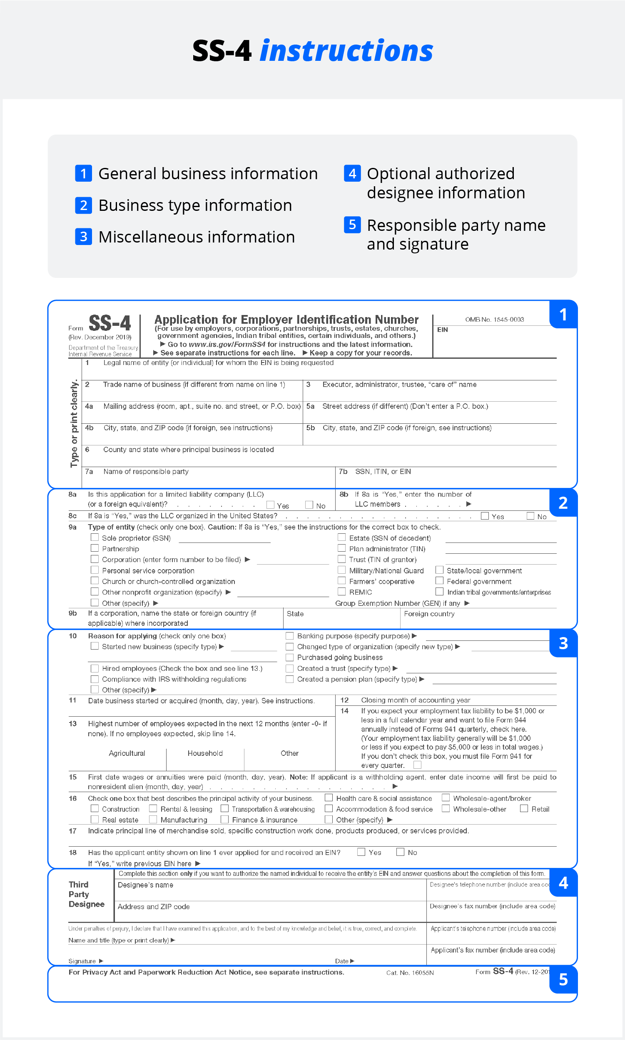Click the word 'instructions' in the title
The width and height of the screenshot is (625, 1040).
346,51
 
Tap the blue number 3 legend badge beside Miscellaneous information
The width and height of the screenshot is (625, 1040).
83,236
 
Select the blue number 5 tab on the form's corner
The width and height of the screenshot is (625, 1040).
563,980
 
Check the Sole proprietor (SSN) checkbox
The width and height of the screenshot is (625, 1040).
95,537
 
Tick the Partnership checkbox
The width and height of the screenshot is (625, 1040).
95,548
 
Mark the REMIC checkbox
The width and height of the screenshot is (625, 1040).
341,592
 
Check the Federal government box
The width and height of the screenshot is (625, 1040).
439,581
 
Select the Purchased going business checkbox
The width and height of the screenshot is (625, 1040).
290,657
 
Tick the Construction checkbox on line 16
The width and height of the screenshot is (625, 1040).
95,808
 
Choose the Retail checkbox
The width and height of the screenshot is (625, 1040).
524,808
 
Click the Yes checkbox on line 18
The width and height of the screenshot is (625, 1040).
361,852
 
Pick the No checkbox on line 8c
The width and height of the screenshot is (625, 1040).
530,516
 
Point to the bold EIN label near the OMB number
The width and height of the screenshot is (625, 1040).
442,330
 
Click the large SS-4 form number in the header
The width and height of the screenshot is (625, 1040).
110,324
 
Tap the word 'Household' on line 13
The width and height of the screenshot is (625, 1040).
205,753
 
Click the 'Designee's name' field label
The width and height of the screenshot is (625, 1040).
145,885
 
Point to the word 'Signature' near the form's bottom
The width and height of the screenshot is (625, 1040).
82,961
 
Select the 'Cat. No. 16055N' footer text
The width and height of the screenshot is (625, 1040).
410,972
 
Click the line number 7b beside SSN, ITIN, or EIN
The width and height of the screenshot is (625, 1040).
343,472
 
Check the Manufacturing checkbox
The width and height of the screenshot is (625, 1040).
153,819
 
